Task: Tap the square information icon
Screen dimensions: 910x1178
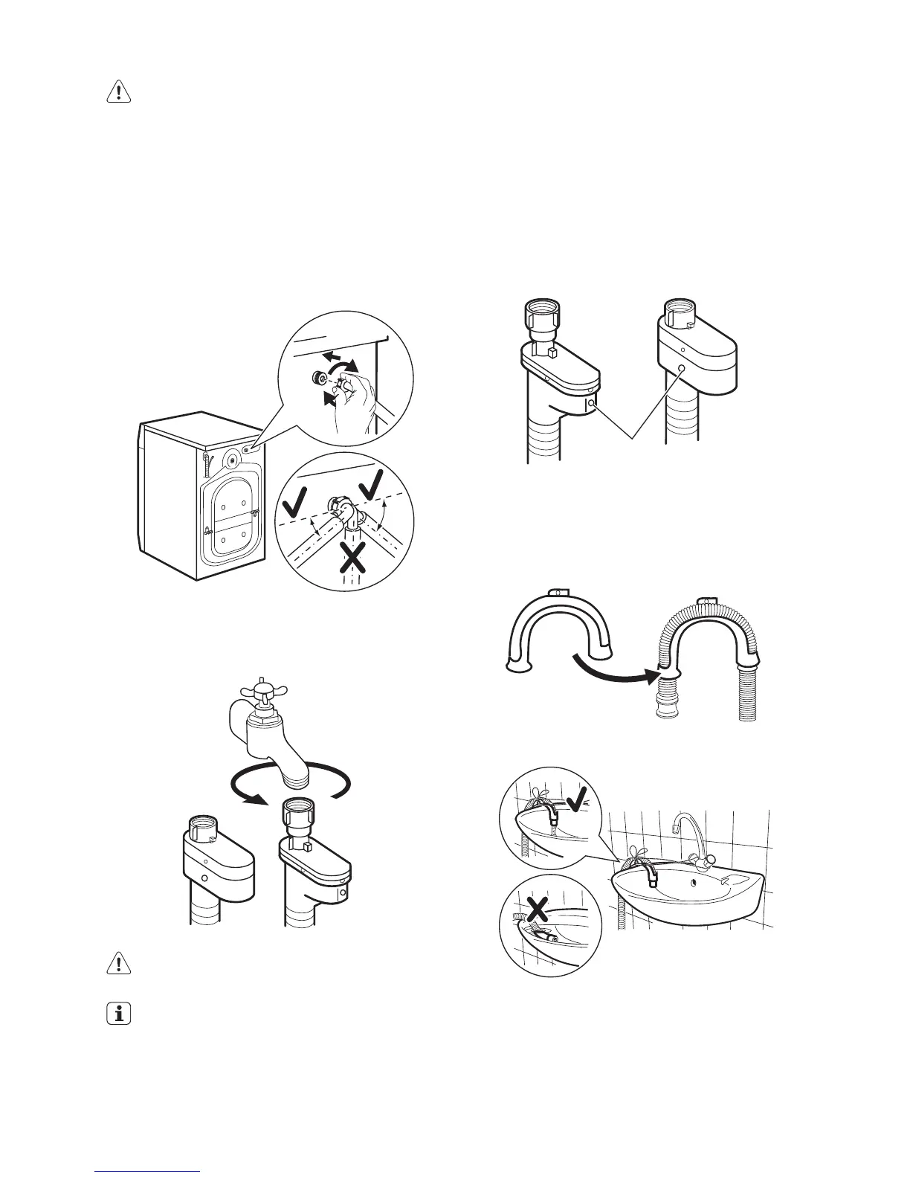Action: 118,1015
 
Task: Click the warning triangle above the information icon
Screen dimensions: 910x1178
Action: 118,964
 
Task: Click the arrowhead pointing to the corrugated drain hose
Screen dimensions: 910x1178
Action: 654,676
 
